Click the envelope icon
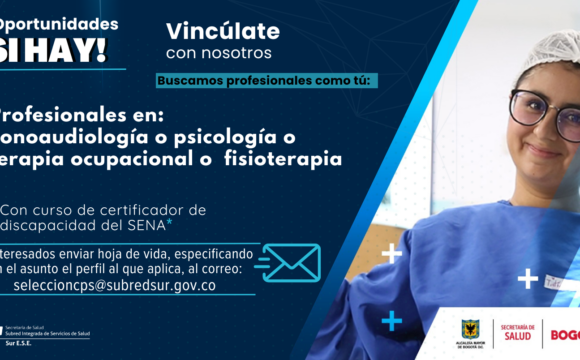click(285, 262)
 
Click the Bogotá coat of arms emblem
click(469, 327)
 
